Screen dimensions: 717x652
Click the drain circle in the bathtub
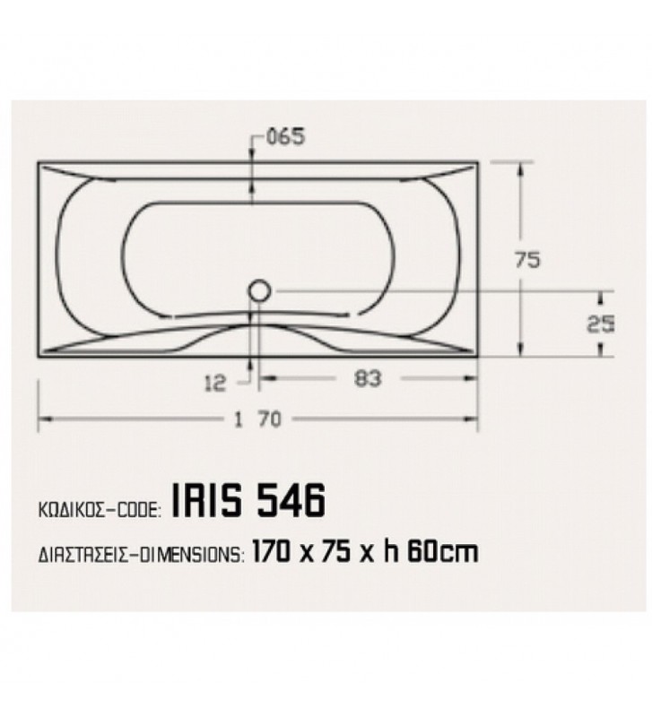click(x=260, y=290)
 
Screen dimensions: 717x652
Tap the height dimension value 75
click(x=529, y=260)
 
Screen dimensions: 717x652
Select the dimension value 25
click(x=596, y=325)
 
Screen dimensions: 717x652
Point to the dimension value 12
click(x=214, y=384)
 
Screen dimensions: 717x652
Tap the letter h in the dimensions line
click(x=390, y=551)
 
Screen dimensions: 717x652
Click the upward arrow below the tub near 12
click(x=250, y=363)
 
